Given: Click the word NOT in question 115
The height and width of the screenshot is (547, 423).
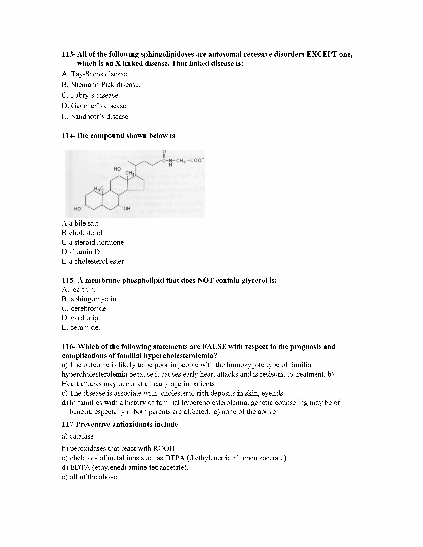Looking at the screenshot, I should (205, 280).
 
